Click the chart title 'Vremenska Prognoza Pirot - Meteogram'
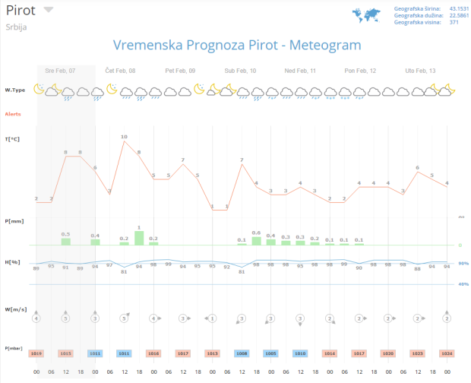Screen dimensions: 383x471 236,45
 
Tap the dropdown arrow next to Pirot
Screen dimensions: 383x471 49,10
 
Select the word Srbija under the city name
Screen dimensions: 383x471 17,26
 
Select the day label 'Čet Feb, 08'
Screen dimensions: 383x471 120,71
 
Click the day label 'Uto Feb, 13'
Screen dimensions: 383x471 420,71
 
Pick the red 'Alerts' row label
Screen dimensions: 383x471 13,114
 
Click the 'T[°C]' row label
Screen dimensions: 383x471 12,139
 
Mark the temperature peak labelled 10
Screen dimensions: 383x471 124,137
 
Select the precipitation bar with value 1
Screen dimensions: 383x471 139,237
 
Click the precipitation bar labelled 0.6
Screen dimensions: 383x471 256,240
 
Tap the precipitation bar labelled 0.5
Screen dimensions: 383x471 66,241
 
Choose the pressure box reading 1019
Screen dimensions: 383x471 36,353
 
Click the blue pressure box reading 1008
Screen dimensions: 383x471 242,353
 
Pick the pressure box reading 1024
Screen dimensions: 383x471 447,353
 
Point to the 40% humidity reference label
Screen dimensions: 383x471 463,284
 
